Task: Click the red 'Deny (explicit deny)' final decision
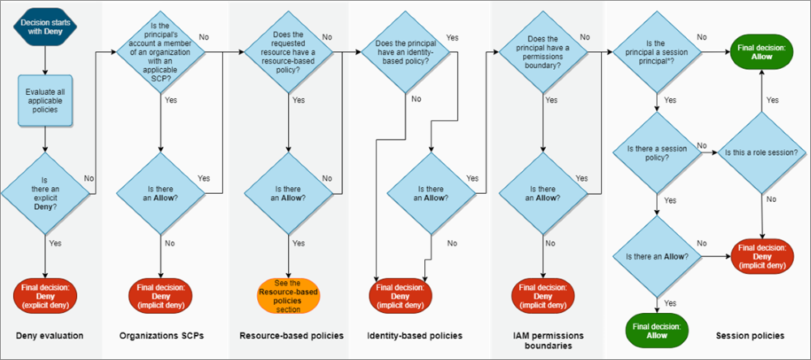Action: [44, 294]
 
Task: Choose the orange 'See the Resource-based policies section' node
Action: [290, 294]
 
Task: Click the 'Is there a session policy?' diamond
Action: [655, 152]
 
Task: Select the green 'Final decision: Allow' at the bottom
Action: [655, 328]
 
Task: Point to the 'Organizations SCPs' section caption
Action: [162, 335]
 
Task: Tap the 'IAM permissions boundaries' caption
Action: [542, 340]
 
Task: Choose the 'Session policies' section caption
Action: [750, 335]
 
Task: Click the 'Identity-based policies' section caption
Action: [414, 335]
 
